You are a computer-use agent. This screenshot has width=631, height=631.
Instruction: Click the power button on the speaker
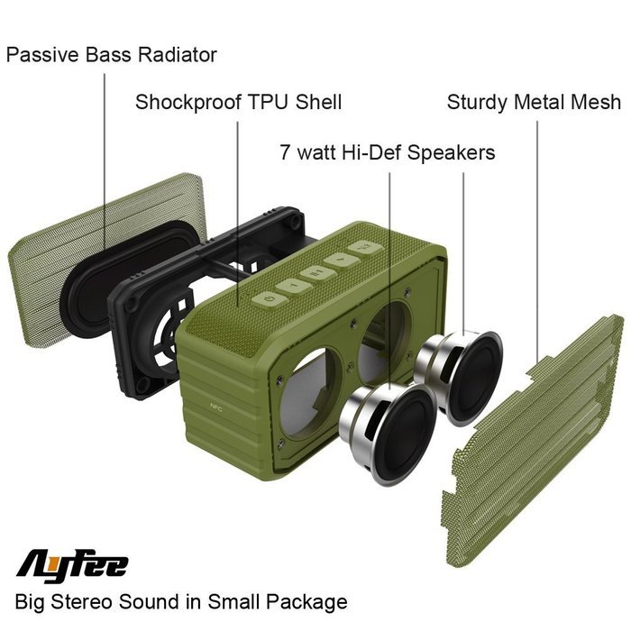pyautogui.click(x=270, y=300)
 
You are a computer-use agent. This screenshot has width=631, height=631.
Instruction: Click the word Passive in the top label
pyautogui.click(x=41, y=55)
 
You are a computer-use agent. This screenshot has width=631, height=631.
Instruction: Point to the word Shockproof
pyautogui.click(x=188, y=102)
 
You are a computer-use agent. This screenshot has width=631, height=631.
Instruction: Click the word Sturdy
pyautogui.click(x=477, y=103)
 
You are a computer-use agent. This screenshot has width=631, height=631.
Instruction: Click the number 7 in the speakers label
pyautogui.click(x=285, y=152)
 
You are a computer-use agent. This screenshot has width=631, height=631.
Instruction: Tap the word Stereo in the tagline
pyautogui.click(x=81, y=602)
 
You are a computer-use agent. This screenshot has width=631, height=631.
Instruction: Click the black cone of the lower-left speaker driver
pyautogui.click(x=406, y=434)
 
